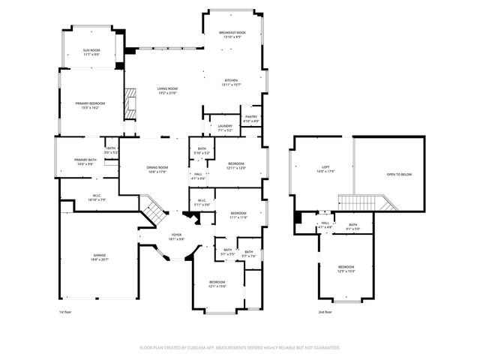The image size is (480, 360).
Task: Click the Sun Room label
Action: pyautogui.click(x=91, y=52)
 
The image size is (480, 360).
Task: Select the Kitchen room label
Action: pyautogui.click(x=232, y=82)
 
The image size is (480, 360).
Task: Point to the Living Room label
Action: pyautogui.click(x=166, y=91)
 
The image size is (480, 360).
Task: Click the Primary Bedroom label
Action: pyautogui.click(x=89, y=105)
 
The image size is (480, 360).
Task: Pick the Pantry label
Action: pyautogui.click(x=251, y=118)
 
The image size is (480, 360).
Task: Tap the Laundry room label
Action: pyautogui.click(x=225, y=127)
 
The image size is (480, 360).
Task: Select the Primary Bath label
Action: pyautogui.click(x=85, y=162)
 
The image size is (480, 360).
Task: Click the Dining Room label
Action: pyautogui.click(x=157, y=169)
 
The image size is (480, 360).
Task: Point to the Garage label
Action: pyautogui.click(x=99, y=257)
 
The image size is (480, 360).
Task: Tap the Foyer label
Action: pyautogui.click(x=176, y=237)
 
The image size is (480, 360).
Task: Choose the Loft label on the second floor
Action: pyautogui.click(x=325, y=169)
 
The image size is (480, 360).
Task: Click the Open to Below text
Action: pyautogui.click(x=399, y=174)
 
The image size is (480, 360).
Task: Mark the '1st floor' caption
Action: pyautogui.click(x=65, y=311)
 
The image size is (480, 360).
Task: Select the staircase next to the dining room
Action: pyautogui.click(x=153, y=211)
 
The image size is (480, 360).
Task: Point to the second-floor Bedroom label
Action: pyautogui.click(x=346, y=269)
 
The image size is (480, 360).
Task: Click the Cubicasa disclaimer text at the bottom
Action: pyautogui.click(x=240, y=348)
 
